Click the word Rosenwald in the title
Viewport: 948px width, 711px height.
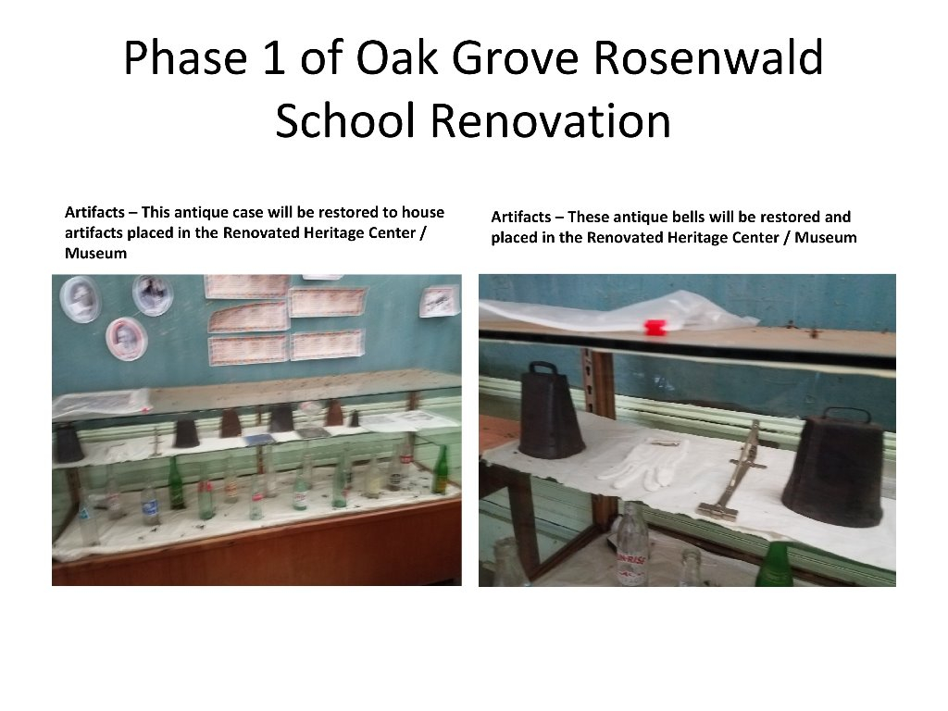coord(708,59)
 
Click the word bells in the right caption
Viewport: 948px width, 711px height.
coord(688,218)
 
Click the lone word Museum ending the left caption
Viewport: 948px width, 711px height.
coord(95,254)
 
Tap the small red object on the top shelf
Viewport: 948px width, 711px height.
coord(655,327)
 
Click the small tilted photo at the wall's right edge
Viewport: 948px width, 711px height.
coord(440,300)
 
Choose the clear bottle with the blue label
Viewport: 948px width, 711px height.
coord(150,501)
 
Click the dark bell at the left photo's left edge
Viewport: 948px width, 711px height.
coord(68,443)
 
